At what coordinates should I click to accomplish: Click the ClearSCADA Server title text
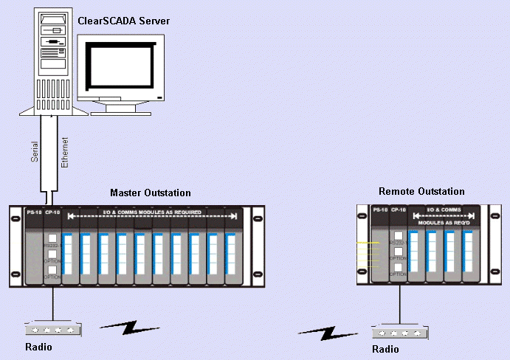coord(123,21)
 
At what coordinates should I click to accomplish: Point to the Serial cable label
coord(35,152)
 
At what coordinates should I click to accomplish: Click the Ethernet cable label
coord(64,152)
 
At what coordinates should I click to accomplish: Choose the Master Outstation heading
coord(151,193)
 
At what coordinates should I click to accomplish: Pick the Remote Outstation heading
coord(421,191)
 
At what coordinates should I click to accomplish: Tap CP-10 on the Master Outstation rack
coord(52,213)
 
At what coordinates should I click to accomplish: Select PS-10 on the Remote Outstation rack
coord(380,210)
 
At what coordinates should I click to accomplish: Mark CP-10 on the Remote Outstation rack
coord(399,210)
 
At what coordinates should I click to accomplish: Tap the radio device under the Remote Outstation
coord(399,332)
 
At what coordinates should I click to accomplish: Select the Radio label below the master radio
coord(38,347)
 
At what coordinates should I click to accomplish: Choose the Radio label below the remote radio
coord(385,349)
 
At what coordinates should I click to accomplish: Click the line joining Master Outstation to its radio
coord(52,302)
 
